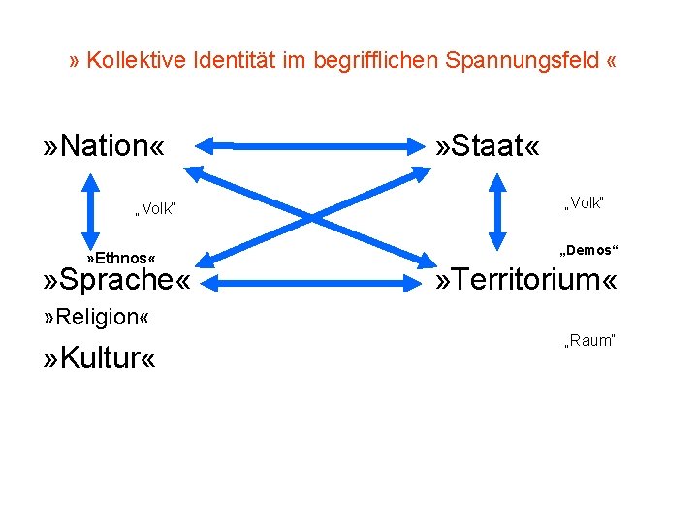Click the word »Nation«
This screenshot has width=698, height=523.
click(x=103, y=147)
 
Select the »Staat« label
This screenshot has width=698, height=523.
click(x=487, y=147)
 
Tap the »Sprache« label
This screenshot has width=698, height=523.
click(x=114, y=282)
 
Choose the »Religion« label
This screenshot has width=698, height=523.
click(x=96, y=318)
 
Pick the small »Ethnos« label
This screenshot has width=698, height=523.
click(x=120, y=259)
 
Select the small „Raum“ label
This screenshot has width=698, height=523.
click(x=588, y=340)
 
